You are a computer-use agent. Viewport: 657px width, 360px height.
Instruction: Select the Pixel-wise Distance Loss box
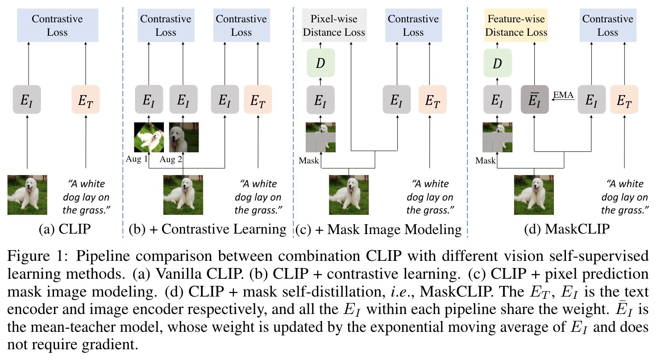pyautogui.click(x=334, y=25)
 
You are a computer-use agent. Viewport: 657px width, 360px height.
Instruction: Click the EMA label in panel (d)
pyautogui.click(x=563, y=95)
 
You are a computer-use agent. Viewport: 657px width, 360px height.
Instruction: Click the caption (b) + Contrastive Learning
pyautogui.click(x=207, y=230)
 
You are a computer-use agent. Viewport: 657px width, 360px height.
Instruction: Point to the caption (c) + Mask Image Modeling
pyautogui.click(x=378, y=230)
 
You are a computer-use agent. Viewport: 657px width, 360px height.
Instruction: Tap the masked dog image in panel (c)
pyautogui.click(x=320, y=138)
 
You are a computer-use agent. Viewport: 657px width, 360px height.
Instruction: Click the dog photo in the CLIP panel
pyautogui.click(x=27, y=195)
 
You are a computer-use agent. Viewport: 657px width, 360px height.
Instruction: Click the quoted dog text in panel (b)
pyautogui.click(x=258, y=197)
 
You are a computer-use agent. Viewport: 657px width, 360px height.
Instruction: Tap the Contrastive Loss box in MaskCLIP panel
pyautogui.click(x=607, y=25)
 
